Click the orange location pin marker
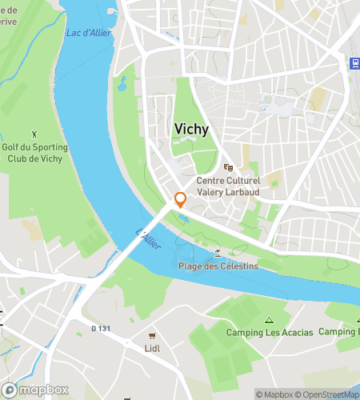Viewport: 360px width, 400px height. point(181,200)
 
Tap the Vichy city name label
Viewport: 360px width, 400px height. point(193,129)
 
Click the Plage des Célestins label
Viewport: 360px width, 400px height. point(218,266)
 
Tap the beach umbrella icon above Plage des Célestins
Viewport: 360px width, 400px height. point(218,254)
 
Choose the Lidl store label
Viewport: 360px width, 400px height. point(153,349)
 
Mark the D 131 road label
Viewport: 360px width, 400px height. point(99,328)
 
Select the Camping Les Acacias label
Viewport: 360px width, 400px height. point(270,332)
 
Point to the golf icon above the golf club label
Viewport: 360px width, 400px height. point(34,133)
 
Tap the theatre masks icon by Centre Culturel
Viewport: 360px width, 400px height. point(229,169)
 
